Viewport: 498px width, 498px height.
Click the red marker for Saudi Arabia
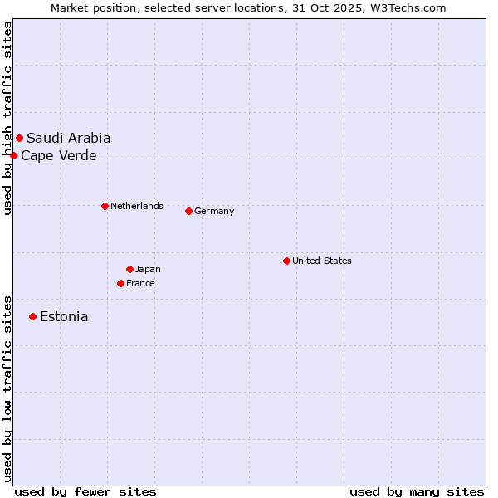19,138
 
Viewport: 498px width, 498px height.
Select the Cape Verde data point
13,155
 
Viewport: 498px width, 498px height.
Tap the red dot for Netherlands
105,206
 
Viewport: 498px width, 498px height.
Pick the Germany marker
188,211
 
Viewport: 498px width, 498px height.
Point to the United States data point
286,261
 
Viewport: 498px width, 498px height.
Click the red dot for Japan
129,269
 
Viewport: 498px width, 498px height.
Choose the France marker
120,283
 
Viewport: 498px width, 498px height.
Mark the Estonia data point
32,316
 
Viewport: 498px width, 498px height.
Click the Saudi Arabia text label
68,138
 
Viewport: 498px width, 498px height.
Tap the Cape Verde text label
58,155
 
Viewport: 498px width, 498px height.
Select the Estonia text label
64,316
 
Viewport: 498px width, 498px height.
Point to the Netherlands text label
137,206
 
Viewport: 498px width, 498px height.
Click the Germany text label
214,211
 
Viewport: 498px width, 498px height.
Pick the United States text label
322,261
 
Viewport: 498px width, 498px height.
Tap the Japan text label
148,269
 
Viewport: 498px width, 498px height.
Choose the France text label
140,283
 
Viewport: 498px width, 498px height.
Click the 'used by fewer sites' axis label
85,491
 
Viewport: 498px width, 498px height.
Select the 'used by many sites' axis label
417,491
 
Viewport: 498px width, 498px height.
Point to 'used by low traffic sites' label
7,388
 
